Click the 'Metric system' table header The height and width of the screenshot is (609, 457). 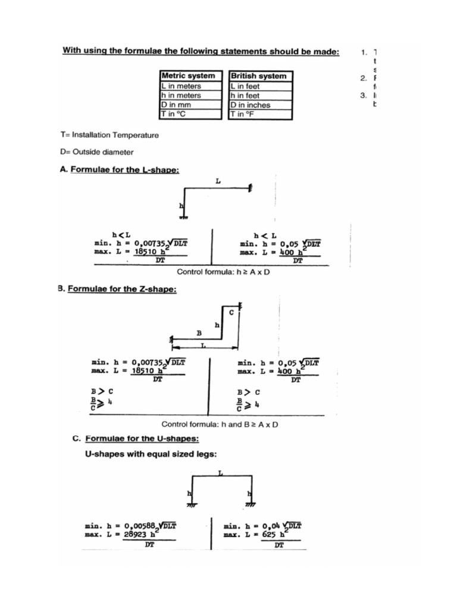tap(189, 76)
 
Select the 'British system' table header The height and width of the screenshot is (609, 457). tap(258, 76)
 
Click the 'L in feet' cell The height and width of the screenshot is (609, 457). tap(245, 86)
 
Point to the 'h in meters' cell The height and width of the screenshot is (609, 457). tap(181, 95)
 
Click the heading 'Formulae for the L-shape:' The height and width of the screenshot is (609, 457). tap(124, 169)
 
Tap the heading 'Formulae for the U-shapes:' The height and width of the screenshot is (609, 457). tap(142, 439)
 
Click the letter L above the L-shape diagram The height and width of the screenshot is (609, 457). tap(218, 180)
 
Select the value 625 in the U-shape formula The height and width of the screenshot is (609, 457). tap(270, 535)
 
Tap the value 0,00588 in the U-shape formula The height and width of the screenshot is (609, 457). tap(140, 526)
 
